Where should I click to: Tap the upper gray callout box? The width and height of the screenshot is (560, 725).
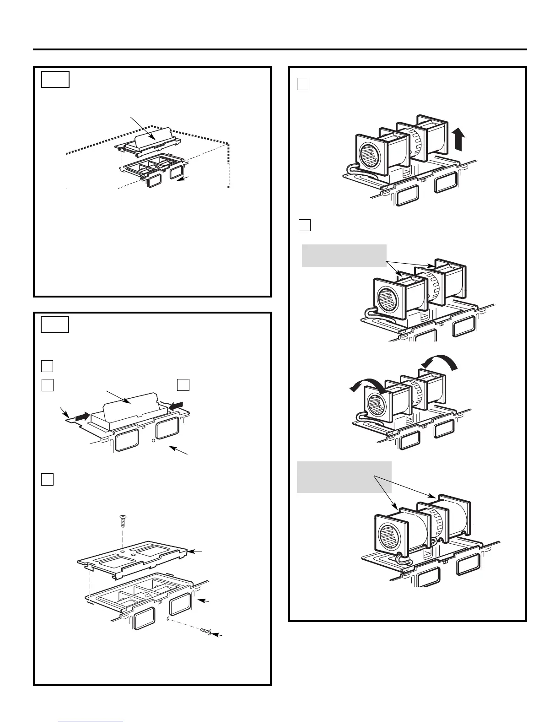pos(344,256)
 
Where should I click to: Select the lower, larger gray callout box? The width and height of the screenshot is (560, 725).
pos(344,477)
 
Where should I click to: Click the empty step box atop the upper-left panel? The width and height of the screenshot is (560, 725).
pos(55,79)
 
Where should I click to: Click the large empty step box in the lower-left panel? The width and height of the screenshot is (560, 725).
pos(55,325)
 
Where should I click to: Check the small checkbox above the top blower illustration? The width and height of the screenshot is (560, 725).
pos(303,84)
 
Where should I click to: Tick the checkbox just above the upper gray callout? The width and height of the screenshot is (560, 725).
pos(305,225)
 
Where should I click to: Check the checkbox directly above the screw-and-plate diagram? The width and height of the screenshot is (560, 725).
pos(48,479)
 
